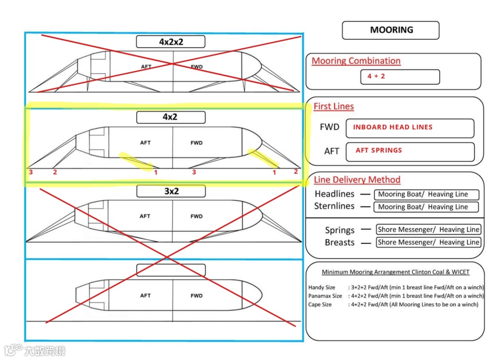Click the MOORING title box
click(391, 30)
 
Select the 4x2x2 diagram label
click(171, 42)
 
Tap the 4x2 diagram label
click(171, 117)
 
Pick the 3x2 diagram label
click(171, 192)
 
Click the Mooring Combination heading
click(356, 61)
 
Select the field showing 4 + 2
click(400, 76)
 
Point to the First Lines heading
click(333, 107)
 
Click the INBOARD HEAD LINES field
click(413, 128)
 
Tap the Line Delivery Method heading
click(357, 180)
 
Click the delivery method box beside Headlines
click(426, 194)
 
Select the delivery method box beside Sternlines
click(426, 207)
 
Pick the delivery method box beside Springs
click(428, 230)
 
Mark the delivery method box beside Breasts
click(428, 242)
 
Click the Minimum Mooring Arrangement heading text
click(395, 272)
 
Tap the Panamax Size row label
click(325, 296)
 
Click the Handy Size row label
click(321, 288)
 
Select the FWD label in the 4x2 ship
click(196, 143)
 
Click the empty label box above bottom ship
click(171, 270)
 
